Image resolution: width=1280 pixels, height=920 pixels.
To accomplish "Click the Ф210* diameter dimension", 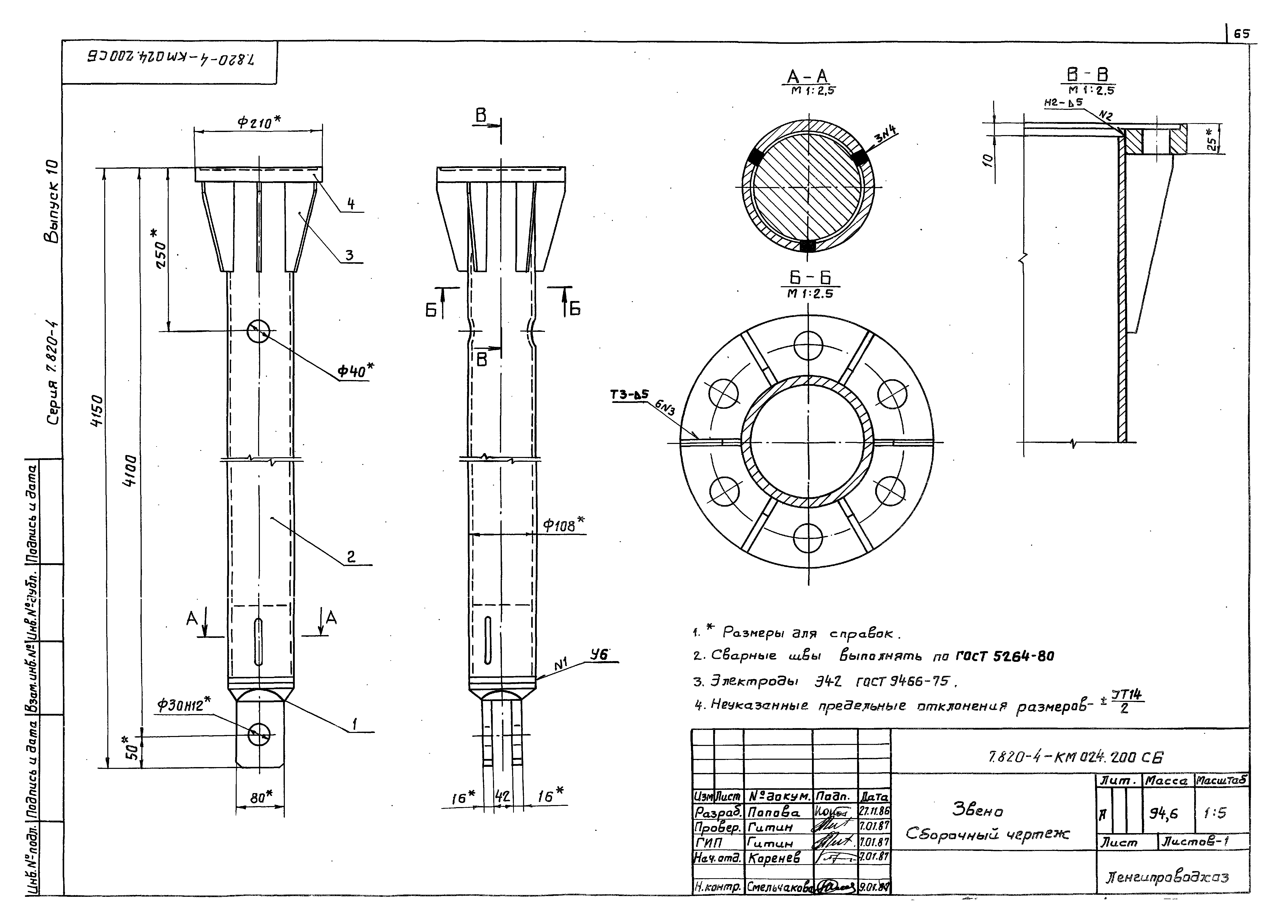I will [x=259, y=122].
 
